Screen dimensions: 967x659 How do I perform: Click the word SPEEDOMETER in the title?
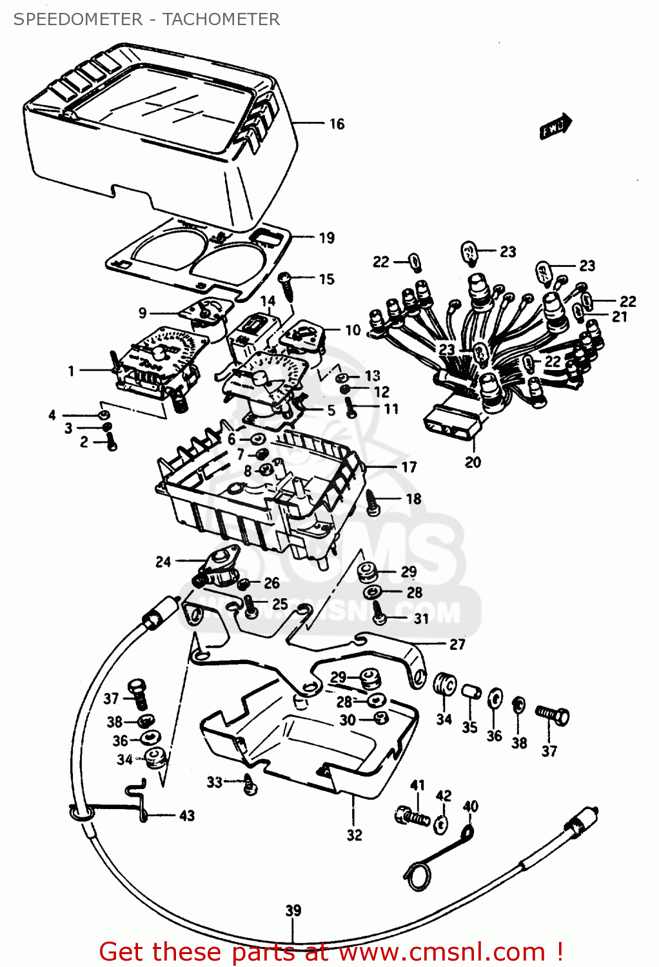(77, 19)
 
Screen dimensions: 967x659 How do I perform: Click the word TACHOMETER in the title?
(221, 19)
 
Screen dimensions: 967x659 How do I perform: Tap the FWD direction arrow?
(555, 127)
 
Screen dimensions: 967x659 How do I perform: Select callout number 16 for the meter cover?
(337, 124)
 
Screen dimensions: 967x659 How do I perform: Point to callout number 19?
(326, 238)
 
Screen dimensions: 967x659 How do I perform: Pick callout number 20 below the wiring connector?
(473, 462)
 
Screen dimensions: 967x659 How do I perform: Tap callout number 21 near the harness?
(619, 317)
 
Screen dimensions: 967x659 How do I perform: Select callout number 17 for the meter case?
(409, 467)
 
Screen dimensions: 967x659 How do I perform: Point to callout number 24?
(162, 562)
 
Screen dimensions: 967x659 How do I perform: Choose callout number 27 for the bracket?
(457, 644)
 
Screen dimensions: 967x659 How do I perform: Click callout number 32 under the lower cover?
(354, 835)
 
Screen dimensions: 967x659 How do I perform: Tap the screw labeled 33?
(250, 786)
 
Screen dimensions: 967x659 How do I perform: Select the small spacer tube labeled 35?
(471, 693)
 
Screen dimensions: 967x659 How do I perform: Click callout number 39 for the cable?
(293, 910)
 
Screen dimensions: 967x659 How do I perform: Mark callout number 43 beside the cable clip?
(186, 816)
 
